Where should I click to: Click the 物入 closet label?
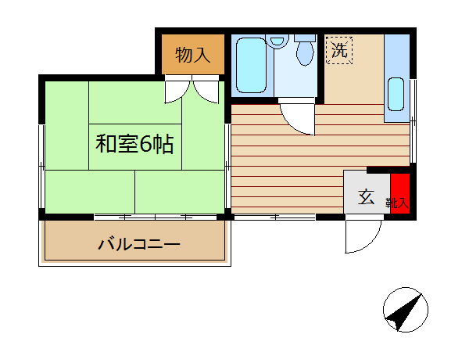[x=192, y=55]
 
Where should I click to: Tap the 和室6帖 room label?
[x=134, y=145]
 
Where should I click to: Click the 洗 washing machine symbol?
[x=338, y=52]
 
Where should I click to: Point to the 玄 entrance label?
[x=366, y=197]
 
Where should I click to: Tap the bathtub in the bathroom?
[x=250, y=66]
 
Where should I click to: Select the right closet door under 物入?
[x=207, y=90]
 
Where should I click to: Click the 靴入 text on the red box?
[x=398, y=203]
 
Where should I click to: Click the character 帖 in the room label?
[x=163, y=145]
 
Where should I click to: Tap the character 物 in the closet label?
[x=184, y=55]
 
